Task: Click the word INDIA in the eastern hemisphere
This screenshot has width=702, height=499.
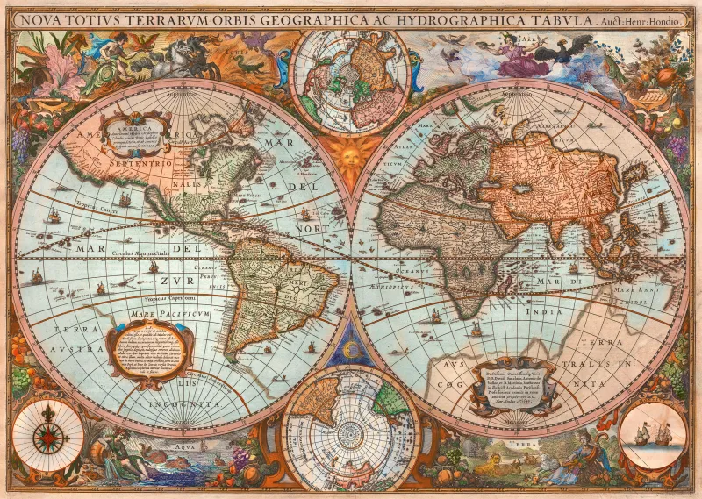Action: click(543, 311)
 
